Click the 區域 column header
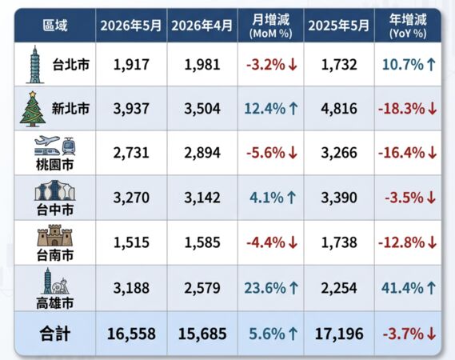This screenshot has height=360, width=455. pyautogui.click(x=55, y=26)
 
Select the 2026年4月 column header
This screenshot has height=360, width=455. pyautogui.click(x=202, y=26)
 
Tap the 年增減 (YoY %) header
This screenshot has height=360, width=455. pyautogui.click(x=408, y=26)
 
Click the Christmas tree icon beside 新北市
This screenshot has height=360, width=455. pyautogui.click(x=33, y=109)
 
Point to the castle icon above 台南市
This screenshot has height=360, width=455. pyautogui.click(x=55, y=235)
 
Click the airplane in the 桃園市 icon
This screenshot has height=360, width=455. pyautogui.click(x=47, y=141)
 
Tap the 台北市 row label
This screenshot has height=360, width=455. pyautogui.click(x=71, y=65)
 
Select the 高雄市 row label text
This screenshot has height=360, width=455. pyautogui.click(x=55, y=303)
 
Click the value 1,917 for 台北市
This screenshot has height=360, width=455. pyautogui.click(x=131, y=65)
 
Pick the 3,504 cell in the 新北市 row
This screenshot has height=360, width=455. pyautogui.click(x=202, y=109)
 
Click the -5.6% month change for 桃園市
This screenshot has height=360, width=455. pyautogui.click(x=265, y=153)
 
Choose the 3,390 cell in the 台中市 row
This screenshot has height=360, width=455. pyautogui.click(x=339, y=198)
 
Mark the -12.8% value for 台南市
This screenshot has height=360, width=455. pyautogui.click(x=401, y=242)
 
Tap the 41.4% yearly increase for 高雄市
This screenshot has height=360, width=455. pyautogui.click(x=402, y=288)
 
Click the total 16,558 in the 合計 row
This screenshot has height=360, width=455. pyautogui.click(x=131, y=334)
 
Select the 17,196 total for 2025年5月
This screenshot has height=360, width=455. pyautogui.click(x=339, y=334)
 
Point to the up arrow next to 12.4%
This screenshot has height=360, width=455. pyautogui.click(x=293, y=109)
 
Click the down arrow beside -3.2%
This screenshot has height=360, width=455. pyautogui.click(x=293, y=65)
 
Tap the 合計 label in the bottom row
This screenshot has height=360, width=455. pyautogui.click(x=55, y=334)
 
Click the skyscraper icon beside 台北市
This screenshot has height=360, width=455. pyautogui.click(x=35, y=65)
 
